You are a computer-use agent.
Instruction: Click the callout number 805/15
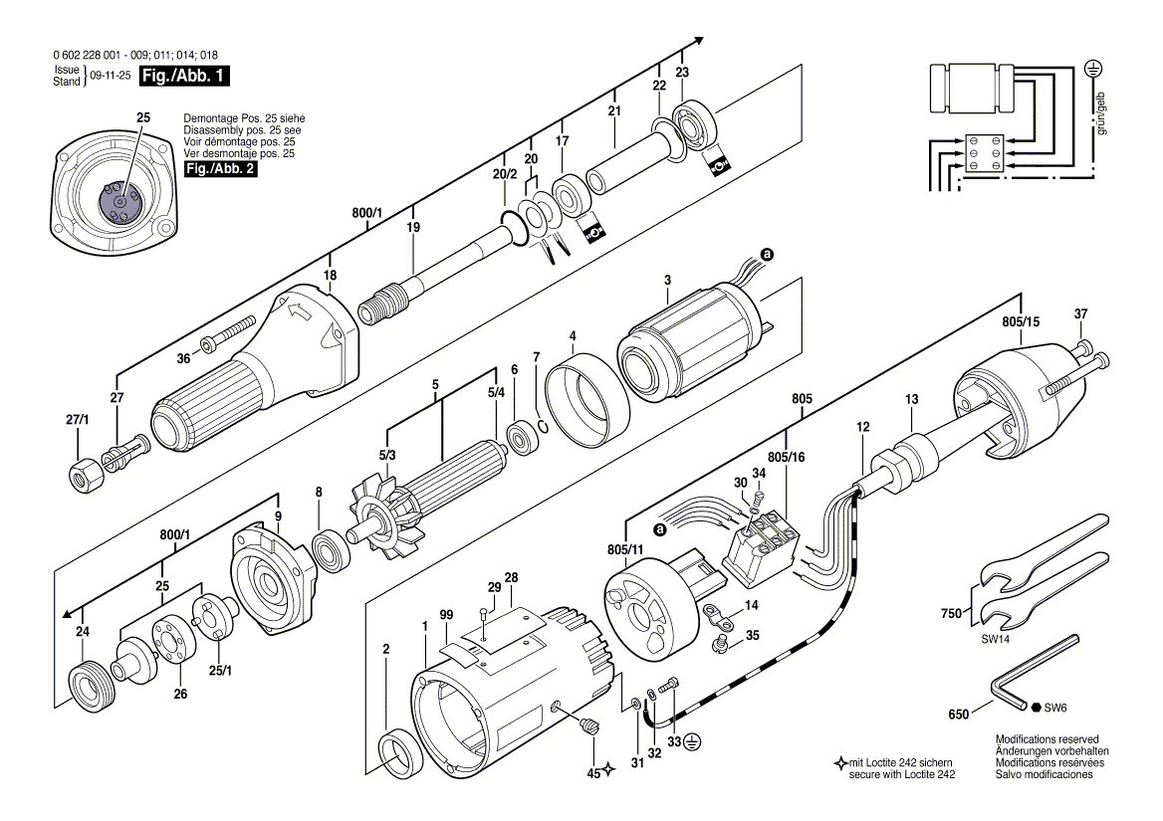point(1021,321)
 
